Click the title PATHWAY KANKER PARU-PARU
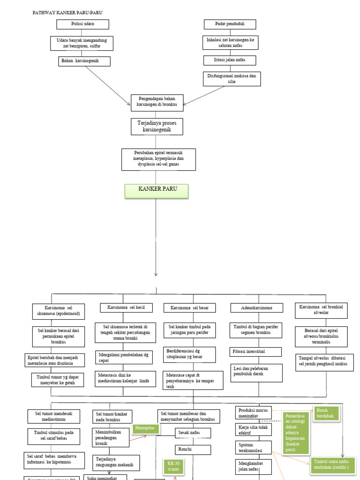pyautogui.click(x=67, y=12)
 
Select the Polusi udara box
pyautogui.click(x=82, y=24)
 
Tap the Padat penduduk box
pyautogui.click(x=229, y=24)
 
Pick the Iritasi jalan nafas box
pyautogui.click(x=230, y=60)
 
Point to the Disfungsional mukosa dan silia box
pyautogui.click(x=232, y=78)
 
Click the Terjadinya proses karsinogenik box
pyautogui.click(x=157, y=126)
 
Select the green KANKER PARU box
pyautogui.click(x=157, y=191)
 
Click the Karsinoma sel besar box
pyautogui.click(x=189, y=308)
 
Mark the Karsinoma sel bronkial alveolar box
pyautogui.click(x=321, y=310)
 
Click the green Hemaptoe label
pyautogui.click(x=146, y=428)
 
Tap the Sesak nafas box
pyautogui.click(x=192, y=433)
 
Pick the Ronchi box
pyautogui.click(x=192, y=449)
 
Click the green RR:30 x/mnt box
pyautogui.click(x=173, y=466)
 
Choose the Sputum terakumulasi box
pyautogui.click(x=253, y=447)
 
